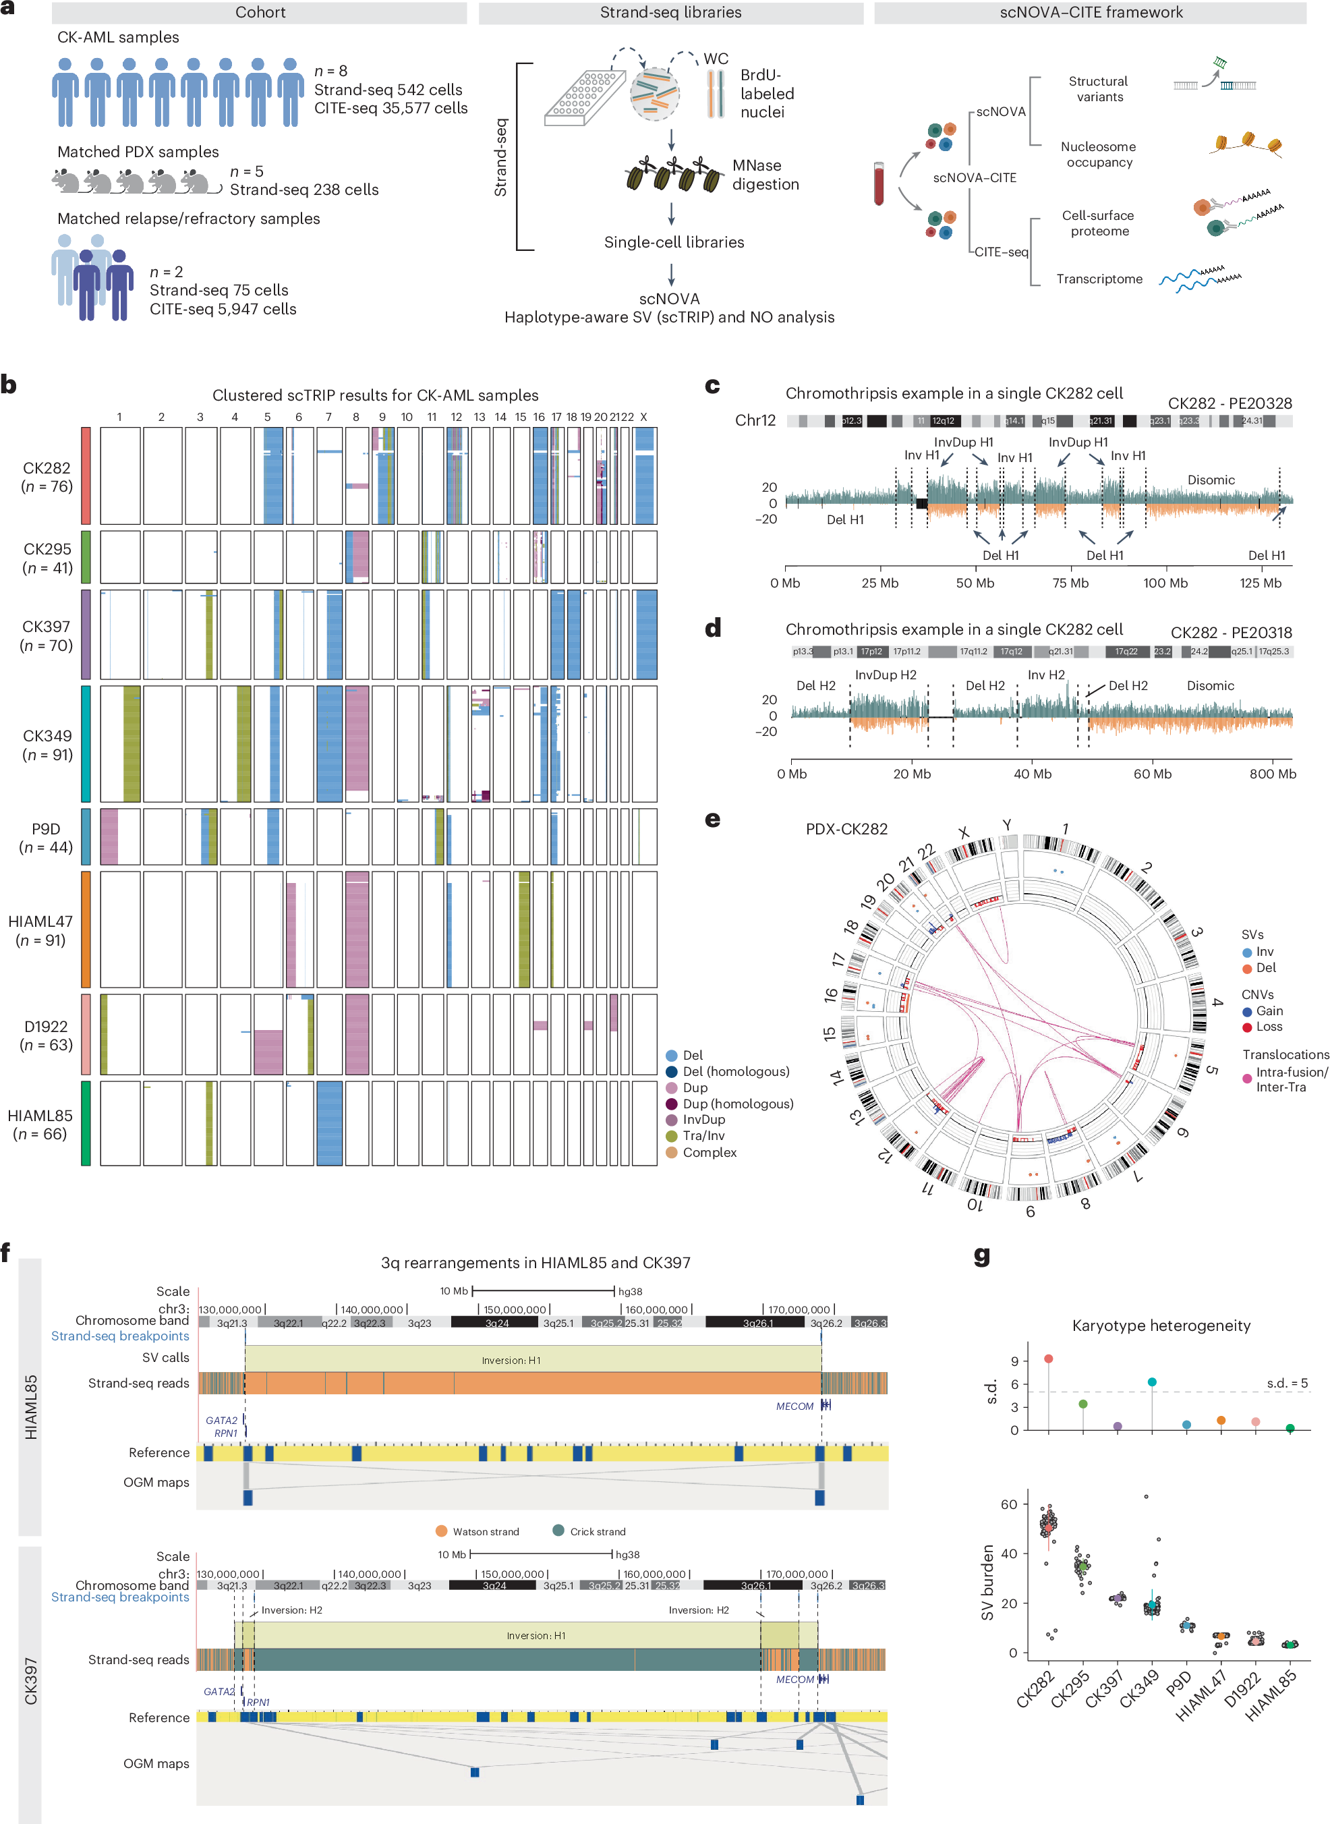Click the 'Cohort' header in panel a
pos(260,12)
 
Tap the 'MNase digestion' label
pos(765,175)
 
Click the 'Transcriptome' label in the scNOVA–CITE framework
pos(1099,279)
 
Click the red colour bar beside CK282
pos(86,476)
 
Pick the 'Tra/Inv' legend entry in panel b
pos(703,1135)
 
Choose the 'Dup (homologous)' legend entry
pos(737,1104)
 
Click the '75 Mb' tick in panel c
pos(1070,583)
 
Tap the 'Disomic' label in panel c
pos(1210,480)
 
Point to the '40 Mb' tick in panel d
pos(1032,774)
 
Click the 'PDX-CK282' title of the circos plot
pos(846,828)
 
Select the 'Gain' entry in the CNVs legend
pos(1269,1010)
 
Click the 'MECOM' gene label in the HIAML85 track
pos(794,1406)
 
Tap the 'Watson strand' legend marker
pos(441,1531)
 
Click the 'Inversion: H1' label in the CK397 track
pos(536,1636)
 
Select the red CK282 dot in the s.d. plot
pos(1048,1359)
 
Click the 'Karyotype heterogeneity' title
pos(1161,1326)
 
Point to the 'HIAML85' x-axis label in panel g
pos(1272,1694)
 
